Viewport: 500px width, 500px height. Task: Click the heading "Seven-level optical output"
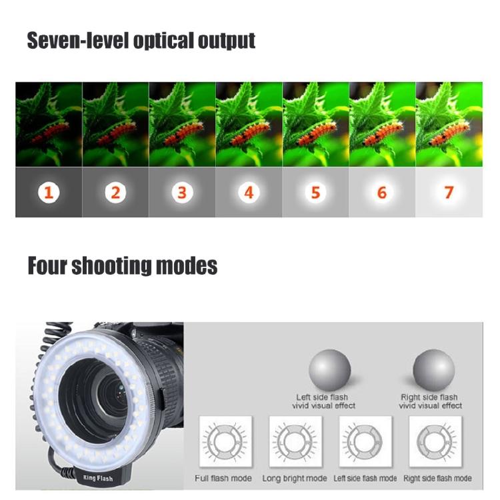pyautogui.click(x=141, y=40)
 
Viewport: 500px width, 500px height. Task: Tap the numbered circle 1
pyautogui.click(x=48, y=193)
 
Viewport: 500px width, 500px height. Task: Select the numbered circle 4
pyautogui.click(x=249, y=193)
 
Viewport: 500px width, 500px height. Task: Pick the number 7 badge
pyautogui.click(x=449, y=193)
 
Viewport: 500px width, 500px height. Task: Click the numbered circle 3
pyautogui.click(x=181, y=193)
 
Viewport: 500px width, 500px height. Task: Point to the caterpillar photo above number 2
pyautogui.click(x=115, y=124)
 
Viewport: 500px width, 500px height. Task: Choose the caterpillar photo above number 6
pyautogui.click(x=382, y=124)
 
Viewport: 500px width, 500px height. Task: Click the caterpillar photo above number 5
pyautogui.click(x=315, y=124)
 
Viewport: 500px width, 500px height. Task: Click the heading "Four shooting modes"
pyautogui.click(x=122, y=266)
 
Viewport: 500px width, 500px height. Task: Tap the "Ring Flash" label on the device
pyautogui.click(x=98, y=477)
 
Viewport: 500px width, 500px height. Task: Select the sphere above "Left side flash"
pyautogui.click(x=329, y=371)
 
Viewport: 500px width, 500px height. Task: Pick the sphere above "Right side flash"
pyautogui.click(x=433, y=369)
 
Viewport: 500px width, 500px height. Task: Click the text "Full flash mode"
pyautogui.click(x=223, y=478)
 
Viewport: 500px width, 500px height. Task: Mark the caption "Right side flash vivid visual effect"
pyautogui.click(x=431, y=401)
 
